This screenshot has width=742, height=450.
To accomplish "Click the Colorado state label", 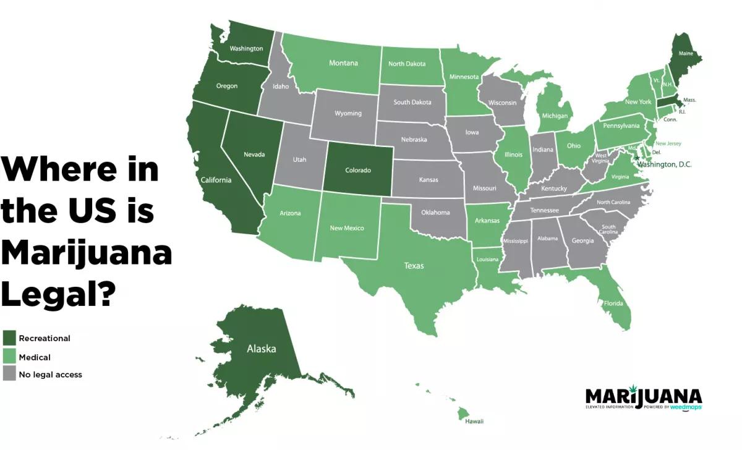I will click(358, 171).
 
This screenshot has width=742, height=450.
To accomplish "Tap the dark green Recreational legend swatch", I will click(9, 338).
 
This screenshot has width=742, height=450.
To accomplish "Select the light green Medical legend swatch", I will click(9, 357).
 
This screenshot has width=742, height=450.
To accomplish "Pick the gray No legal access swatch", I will click(9, 374).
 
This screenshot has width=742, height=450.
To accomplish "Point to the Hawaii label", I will click(474, 421).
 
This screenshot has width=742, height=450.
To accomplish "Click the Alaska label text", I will click(262, 349).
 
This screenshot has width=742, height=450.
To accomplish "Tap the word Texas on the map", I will click(414, 266).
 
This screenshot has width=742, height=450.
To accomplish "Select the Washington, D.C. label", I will click(665, 164).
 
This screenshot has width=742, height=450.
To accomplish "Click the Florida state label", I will click(613, 304).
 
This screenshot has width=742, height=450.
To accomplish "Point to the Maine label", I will click(686, 54).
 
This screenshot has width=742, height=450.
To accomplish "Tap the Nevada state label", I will click(254, 154).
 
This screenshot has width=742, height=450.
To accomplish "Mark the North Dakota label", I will click(407, 64).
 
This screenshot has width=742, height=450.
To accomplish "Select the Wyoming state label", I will click(348, 114).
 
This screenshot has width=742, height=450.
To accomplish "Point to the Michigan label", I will click(555, 116).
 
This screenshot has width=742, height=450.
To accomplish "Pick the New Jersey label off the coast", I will click(668, 143).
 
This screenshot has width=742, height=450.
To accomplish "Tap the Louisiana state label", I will click(487, 260).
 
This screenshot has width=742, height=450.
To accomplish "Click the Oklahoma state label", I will click(435, 213).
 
